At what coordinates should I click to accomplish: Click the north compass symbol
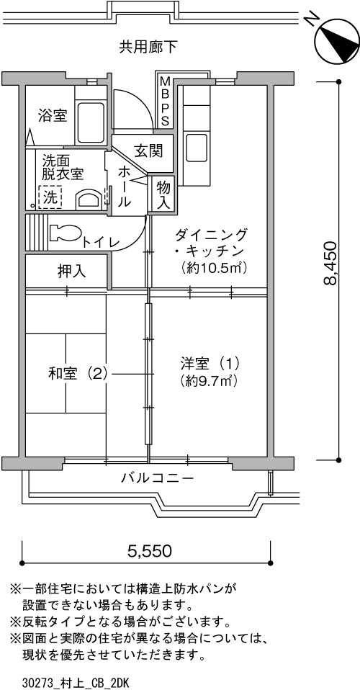[337, 40]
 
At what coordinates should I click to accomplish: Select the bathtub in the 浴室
[91, 122]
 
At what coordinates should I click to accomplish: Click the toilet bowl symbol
[65, 233]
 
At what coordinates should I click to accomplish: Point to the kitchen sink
[197, 148]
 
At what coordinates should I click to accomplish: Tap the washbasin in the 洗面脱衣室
[88, 200]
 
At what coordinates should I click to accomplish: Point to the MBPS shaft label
[165, 101]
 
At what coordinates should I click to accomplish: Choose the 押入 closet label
[72, 271]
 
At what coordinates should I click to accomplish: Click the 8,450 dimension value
[330, 269]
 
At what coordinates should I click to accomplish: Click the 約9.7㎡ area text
[209, 380]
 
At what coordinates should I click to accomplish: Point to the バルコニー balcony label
[158, 478]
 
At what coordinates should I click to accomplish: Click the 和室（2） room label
[78, 374]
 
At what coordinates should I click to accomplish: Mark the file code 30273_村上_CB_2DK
[76, 683]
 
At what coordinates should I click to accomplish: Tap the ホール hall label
[125, 187]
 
